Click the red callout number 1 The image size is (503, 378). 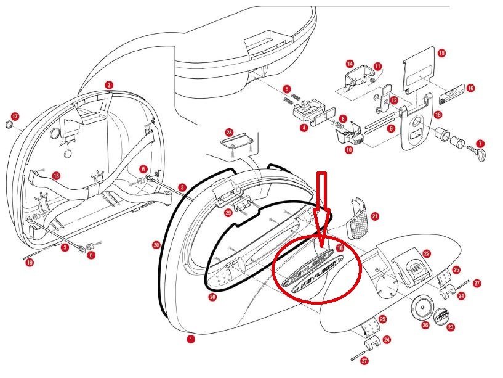(191, 339)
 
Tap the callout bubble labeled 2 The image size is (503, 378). (109, 85)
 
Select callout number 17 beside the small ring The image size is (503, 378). (15, 116)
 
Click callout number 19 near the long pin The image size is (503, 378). (30, 263)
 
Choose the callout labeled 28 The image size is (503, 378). (229, 133)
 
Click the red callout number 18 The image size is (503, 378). (340, 247)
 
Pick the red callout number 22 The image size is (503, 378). (426, 253)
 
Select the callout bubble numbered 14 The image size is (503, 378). (350, 64)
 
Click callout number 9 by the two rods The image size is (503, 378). (390, 128)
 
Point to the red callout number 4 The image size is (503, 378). (304, 128)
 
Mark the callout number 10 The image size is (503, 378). (348, 150)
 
